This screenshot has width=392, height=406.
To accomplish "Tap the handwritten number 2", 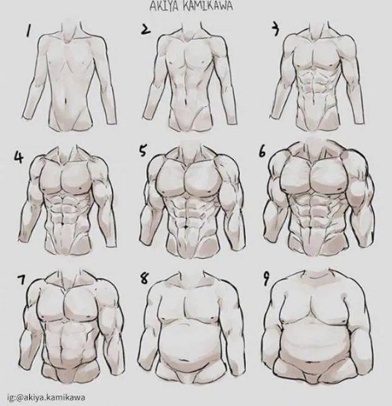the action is click(x=145, y=29).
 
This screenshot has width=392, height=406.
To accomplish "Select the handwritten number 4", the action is click(x=19, y=156).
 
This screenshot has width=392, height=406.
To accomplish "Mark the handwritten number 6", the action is click(x=262, y=152).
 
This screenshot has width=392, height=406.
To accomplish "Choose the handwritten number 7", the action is click(x=21, y=279).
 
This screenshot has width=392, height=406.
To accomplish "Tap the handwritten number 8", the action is click(x=144, y=279).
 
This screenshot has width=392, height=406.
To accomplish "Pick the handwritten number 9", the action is click(x=266, y=279).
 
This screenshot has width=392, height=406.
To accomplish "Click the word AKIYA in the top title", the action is click(x=164, y=7).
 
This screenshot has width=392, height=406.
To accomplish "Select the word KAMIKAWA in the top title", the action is click(x=207, y=7).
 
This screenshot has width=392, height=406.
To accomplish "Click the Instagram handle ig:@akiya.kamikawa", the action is click(x=46, y=397).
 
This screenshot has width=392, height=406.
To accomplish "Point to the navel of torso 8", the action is click(x=185, y=360).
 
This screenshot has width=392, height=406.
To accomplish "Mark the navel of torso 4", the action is click(x=63, y=223).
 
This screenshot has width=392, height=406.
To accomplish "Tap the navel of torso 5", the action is click(x=185, y=227).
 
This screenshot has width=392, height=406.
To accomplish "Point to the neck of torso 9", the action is click(x=316, y=273).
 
